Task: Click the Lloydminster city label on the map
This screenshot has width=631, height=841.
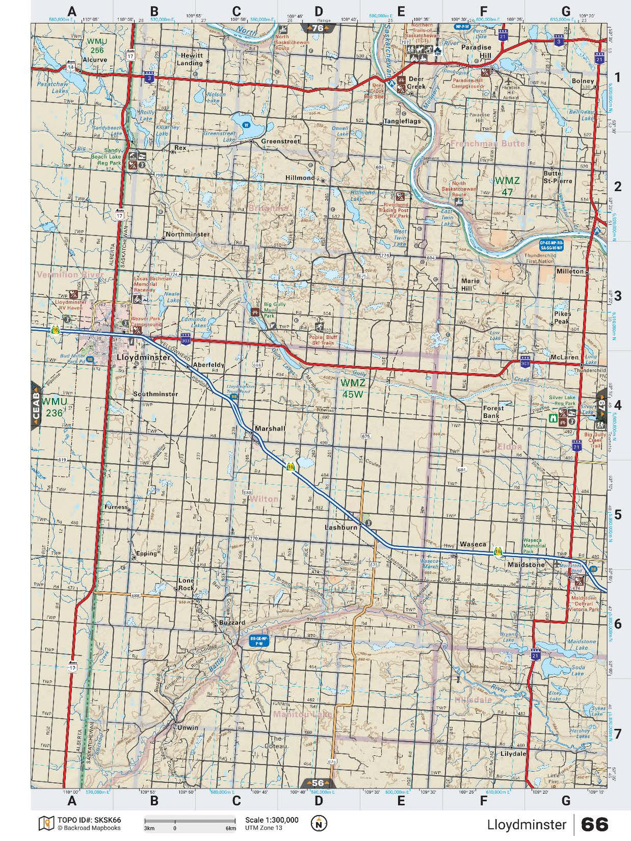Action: [143, 358]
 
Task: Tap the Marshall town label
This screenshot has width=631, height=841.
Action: [270, 429]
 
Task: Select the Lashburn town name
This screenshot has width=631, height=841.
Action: [341, 527]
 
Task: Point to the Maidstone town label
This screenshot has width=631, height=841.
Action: [525, 564]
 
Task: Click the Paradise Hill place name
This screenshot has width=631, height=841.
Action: [476, 51]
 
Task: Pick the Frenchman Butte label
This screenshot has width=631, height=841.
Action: [488, 143]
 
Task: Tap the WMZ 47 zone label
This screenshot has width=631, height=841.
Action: [507, 186]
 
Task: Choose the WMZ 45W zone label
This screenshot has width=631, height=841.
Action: [352, 388]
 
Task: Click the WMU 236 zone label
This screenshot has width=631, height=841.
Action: [54, 407]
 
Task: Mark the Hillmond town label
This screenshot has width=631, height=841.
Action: [300, 178]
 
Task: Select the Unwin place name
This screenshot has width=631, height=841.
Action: [188, 727]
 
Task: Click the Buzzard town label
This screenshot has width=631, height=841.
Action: [232, 622]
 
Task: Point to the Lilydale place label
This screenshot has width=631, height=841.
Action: [513, 753]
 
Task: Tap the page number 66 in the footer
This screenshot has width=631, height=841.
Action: [594, 824]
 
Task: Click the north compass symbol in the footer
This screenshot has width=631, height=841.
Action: [319, 823]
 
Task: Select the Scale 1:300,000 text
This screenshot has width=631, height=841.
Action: [272, 820]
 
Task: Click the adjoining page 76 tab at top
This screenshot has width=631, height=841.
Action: [318, 28]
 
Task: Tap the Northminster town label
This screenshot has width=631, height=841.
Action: [188, 234]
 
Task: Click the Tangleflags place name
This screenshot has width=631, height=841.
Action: [402, 122]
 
